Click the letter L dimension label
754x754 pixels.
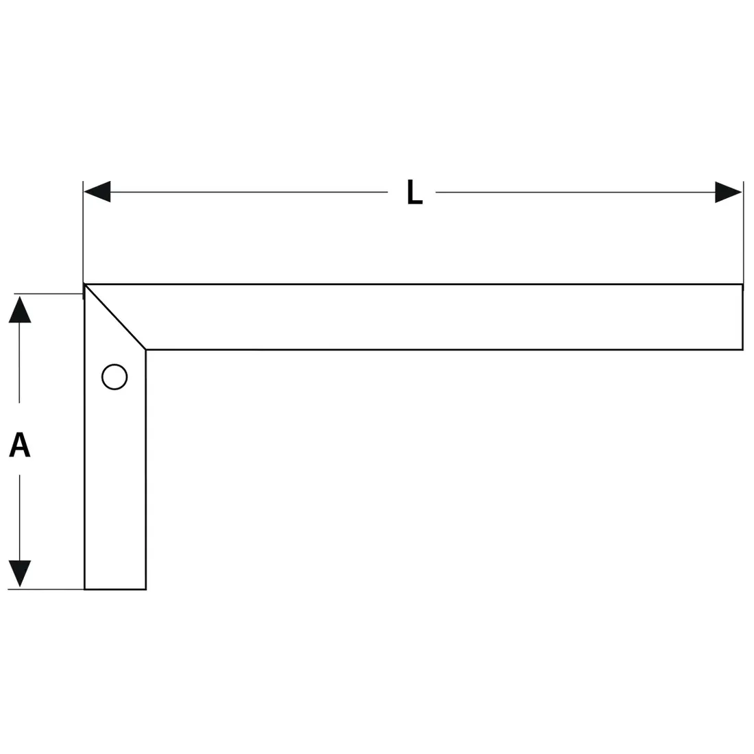415,193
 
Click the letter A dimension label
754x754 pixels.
20,444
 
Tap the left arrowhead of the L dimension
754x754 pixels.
97,192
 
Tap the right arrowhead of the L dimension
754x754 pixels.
729,193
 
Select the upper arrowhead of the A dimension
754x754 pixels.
20,309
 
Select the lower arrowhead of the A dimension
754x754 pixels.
20,574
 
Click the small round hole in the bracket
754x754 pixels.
114,376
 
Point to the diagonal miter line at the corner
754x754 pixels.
115,317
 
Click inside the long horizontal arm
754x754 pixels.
433,317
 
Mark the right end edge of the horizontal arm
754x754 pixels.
742,317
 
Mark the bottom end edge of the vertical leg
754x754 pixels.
115,589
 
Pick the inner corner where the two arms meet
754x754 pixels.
146,350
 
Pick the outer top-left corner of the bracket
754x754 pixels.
84,284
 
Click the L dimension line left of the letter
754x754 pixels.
249,192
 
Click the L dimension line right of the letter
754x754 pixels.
575,193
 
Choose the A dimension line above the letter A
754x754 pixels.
19,363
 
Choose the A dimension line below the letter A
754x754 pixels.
20,518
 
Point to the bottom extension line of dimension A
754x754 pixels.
46,589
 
